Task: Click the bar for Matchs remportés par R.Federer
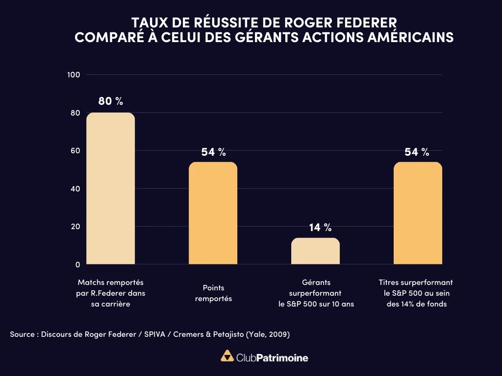(110, 188)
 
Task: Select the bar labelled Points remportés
(213, 213)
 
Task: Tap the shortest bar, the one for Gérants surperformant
(315, 251)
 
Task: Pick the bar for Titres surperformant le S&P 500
(418, 213)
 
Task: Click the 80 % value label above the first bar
(110, 101)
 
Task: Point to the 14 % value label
(320, 227)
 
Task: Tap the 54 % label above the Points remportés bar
(213, 152)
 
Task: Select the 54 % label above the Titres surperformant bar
(417, 152)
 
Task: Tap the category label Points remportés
(213, 293)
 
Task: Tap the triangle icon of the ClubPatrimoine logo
(227, 356)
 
